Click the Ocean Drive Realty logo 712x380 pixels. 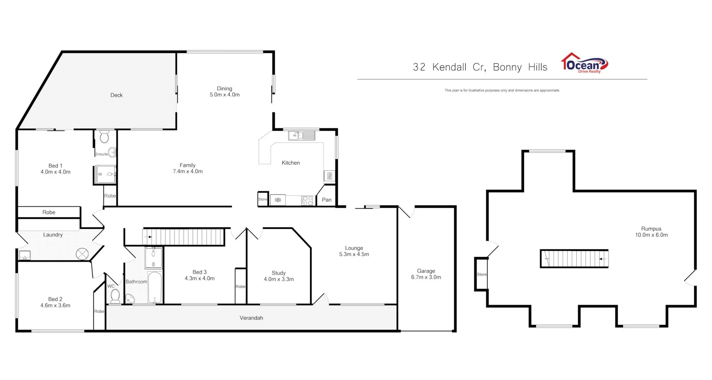coord(584,64)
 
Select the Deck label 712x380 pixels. coord(116,95)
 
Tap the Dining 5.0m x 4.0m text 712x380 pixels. coord(224,91)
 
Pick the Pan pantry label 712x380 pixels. coord(326,200)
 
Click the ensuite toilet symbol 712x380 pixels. coord(104,137)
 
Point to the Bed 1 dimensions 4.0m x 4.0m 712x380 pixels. coord(55,172)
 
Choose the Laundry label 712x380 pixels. coord(53,235)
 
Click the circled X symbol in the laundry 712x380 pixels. coord(82,254)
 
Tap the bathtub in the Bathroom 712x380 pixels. coord(155,287)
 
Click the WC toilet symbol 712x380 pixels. coord(115,296)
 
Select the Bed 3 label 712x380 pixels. coord(200,272)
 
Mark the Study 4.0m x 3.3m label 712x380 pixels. coord(278,276)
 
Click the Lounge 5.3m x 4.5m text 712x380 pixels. coord(354,251)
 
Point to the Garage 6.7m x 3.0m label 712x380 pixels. coord(426,274)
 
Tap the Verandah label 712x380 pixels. coord(251,318)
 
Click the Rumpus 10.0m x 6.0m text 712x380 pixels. coord(651,232)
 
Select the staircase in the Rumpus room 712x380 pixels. coord(574,259)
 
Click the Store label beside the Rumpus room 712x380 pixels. coord(482,274)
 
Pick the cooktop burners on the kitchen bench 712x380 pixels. coord(307,200)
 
